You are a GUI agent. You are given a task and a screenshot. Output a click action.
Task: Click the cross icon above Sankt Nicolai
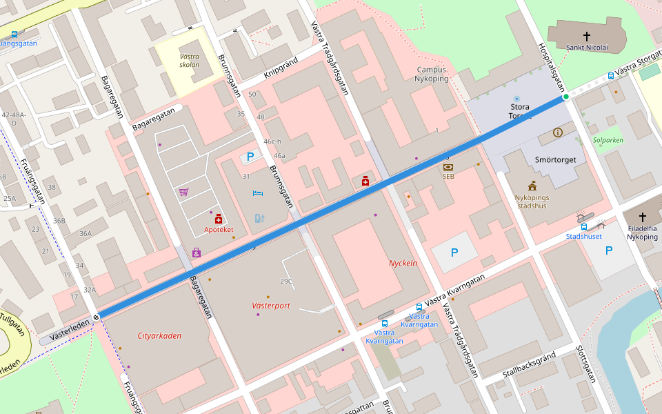(x=587, y=36)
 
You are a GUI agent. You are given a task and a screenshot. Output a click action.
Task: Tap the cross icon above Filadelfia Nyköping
(x=643, y=217)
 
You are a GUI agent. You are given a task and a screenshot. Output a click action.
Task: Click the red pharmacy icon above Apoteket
(x=219, y=219)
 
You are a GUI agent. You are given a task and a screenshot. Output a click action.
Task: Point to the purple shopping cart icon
(x=183, y=192)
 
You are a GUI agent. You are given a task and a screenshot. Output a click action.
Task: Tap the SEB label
(x=448, y=176)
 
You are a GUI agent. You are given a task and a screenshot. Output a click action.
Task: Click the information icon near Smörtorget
(x=557, y=132)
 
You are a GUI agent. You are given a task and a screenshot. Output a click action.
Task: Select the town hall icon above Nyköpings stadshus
(x=532, y=186)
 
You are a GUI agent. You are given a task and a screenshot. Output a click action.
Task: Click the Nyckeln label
(x=403, y=263)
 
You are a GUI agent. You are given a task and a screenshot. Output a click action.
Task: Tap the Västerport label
(x=271, y=305)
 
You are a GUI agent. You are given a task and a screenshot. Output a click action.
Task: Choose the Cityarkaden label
(x=159, y=335)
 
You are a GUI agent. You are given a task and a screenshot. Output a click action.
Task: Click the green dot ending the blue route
(x=566, y=97)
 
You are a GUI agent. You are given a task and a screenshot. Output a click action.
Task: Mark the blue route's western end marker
(x=97, y=317)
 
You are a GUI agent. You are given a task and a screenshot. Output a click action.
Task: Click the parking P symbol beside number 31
(x=250, y=157)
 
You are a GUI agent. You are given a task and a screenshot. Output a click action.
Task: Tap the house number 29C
(x=285, y=281)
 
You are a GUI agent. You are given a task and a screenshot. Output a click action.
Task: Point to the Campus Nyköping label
(x=433, y=74)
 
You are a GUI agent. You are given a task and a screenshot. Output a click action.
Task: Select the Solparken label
(x=608, y=139)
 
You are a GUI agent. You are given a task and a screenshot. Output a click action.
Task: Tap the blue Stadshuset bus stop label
(x=583, y=236)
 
